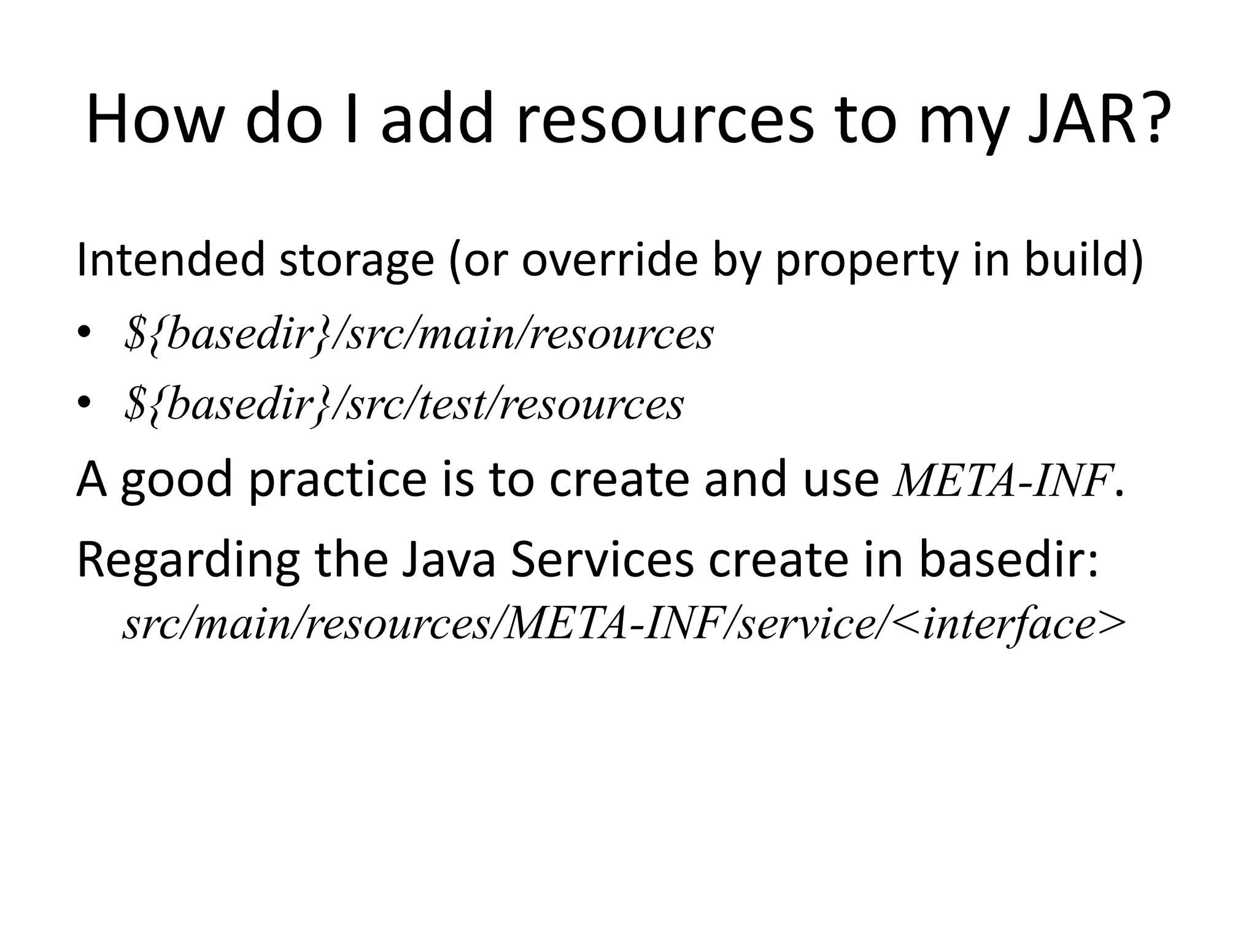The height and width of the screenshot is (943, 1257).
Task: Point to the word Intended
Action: pos(170,260)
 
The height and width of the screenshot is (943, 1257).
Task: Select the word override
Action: pos(609,260)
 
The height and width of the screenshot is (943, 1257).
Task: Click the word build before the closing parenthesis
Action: pos(1077,260)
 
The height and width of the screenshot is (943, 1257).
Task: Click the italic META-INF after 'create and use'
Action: pos(1004,481)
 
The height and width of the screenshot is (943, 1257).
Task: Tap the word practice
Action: pos(336,481)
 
